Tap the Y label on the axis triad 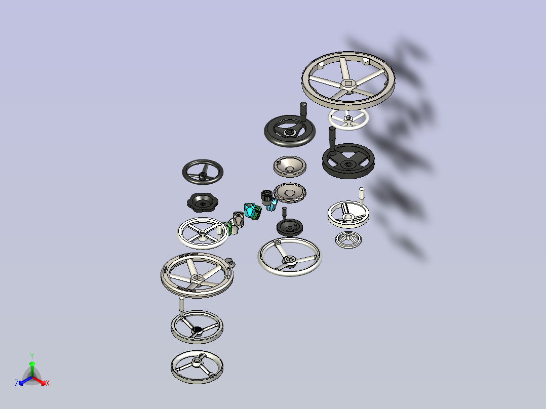click(x=32, y=356)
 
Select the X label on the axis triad click(x=48, y=383)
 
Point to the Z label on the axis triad click(x=17, y=383)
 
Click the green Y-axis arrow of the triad click(x=32, y=369)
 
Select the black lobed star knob click(x=202, y=202)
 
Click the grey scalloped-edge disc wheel click(x=290, y=193)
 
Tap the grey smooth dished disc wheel click(x=290, y=167)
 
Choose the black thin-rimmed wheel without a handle click(x=203, y=172)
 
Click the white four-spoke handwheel click(x=203, y=233)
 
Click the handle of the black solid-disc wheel click(x=332, y=140)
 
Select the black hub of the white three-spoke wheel click(x=197, y=330)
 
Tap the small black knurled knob click(x=266, y=197)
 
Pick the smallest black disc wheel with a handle click(x=289, y=227)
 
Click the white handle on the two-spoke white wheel click(x=362, y=196)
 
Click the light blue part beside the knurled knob click(x=272, y=204)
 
